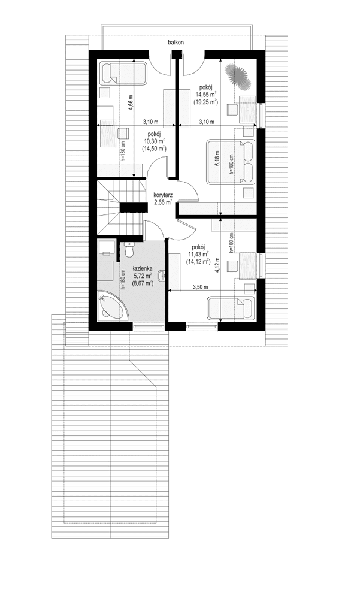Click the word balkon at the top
(176, 43)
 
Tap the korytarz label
(163, 195)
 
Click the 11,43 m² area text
(197, 254)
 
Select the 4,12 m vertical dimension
(218, 264)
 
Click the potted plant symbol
(237, 74)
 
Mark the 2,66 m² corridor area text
(163, 202)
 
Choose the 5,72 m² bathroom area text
(143, 277)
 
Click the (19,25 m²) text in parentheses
(205, 102)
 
